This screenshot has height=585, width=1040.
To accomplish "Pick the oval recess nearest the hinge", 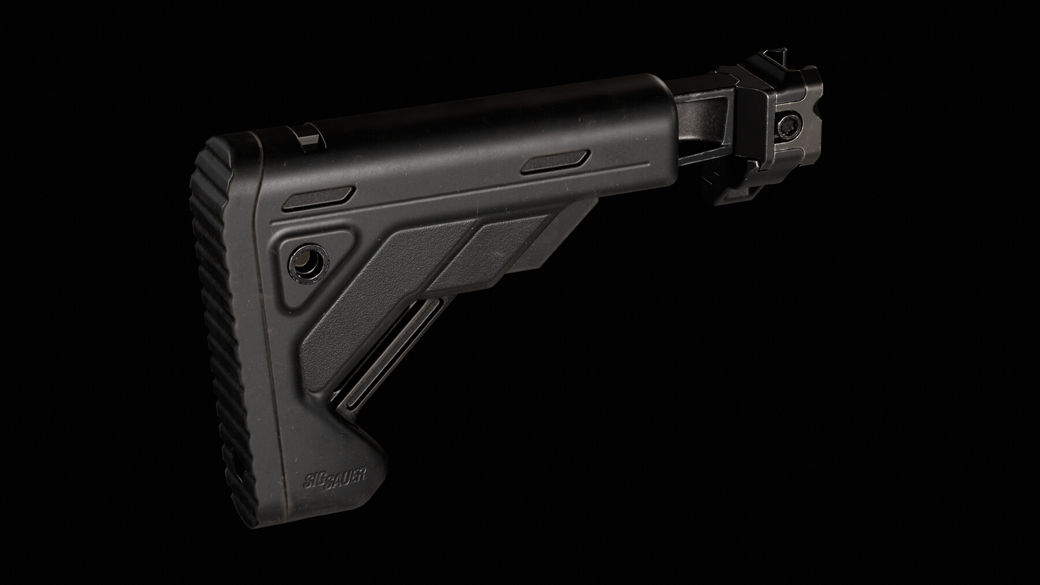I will (x=555, y=162).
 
